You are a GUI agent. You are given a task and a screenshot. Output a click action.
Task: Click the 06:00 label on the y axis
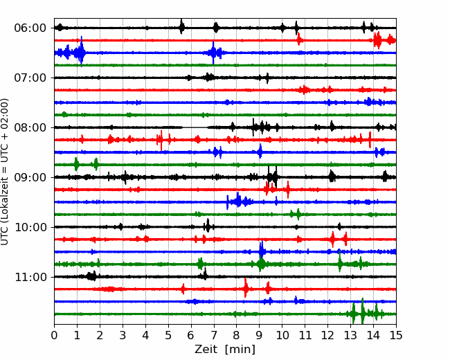tap(30, 28)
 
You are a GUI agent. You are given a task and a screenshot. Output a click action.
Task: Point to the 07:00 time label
tap(30, 78)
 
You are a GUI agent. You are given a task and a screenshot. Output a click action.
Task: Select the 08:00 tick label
tap(30, 127)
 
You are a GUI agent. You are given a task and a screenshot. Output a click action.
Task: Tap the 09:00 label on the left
tap(30, 177)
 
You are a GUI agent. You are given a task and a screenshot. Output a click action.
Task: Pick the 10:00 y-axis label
tap(30, 227)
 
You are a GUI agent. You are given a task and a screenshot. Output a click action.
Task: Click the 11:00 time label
tap(30, 277)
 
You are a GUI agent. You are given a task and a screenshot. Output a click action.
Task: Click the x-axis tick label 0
tap(54, 335)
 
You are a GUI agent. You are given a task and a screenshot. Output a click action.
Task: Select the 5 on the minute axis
tap(168, 335)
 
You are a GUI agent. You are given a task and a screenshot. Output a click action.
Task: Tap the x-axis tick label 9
tap(260, 335)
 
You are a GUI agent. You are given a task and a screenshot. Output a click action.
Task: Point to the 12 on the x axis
tap(327, 335)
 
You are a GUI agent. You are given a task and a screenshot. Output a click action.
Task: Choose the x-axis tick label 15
tap(396, 335)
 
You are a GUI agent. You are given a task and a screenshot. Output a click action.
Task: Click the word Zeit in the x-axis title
tap(207, 349)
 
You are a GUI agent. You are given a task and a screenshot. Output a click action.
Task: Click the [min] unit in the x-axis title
tap(240, 350)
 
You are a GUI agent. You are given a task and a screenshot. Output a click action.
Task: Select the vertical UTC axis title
tap(4, 172)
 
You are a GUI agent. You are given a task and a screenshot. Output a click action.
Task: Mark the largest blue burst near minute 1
tap(82, 52)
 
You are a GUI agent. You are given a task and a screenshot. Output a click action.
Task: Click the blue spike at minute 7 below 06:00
tap(213, 53)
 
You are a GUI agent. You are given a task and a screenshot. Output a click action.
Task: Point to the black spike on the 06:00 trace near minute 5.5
tap(181, 27)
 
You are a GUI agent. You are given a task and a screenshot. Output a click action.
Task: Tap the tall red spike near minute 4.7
tap(161, 140)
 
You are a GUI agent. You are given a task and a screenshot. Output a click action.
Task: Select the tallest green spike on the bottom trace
tap(363, 312)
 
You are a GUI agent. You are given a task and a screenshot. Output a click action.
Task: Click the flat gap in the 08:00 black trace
tap(195, 127)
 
